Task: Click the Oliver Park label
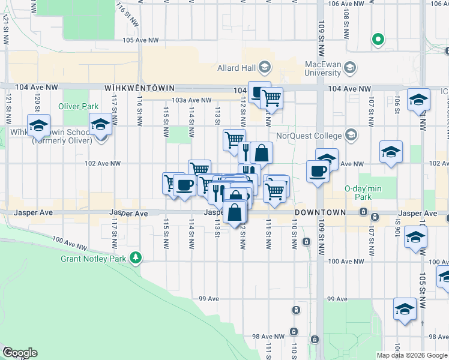pyautogui.click(x=78, y=107)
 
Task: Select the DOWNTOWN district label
pyautogui.click(x=320, y=212)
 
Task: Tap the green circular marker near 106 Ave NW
pyautogui.click(x=378, y=41)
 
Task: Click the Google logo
pyautogui.click(x=19, y=352)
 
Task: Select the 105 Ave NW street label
pyautogui.click(x=140, y=41)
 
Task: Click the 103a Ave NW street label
pyautogui.click(x=191, y=100)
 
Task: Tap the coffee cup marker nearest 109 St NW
pyautogui.click(x=318, y=172)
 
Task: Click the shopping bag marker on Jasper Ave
pyautogui.click(x=234, y=212)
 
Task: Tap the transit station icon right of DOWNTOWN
pyautogui.click(x=363, y=212)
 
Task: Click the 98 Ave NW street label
pyautogui.click(x=265, y=337)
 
